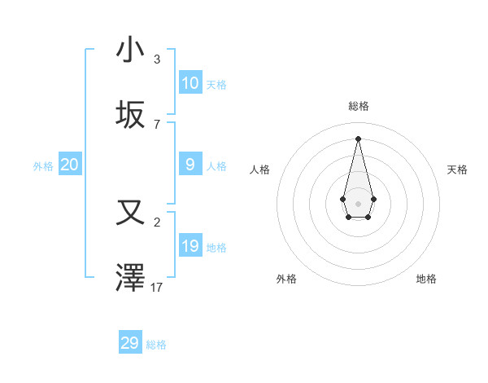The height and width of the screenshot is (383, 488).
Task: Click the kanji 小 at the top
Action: click(x=130, y=50)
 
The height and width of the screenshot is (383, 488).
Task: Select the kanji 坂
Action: click(x=130, y=115)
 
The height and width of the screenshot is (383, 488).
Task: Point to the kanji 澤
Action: click(x=130, y=278)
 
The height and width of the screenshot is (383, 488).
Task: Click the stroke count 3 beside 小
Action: click(x=157, y=59)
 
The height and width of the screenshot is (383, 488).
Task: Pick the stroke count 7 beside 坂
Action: click(x=157, y=125)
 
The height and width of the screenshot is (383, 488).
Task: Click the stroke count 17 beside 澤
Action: click(x=157, y=288)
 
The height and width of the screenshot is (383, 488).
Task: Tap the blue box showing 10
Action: click(x=190, y=82)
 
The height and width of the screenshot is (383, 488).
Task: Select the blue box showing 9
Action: click(x=190, y=165)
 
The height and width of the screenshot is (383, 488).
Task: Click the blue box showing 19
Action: click(x=190, y=246)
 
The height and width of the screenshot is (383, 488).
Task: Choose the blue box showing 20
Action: click(x=70, y=165)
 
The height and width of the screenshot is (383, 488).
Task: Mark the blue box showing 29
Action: click(x=130, y=343)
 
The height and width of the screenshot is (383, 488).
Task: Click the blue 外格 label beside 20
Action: click(x=43, y=165)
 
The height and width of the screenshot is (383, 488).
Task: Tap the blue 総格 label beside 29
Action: click(x=156, y=345)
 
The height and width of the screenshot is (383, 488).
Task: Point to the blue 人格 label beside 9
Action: click(x=216, y=165)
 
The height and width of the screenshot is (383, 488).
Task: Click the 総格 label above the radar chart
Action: click(x=358, y=106)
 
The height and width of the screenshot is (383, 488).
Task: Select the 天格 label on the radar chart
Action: click(x=457, y=169)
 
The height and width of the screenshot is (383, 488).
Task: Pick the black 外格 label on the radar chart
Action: click(x=286, y=279)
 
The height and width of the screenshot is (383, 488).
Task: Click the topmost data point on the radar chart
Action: click(x=358, y=138)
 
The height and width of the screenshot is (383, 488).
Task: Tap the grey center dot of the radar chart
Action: click(x=358, y=203)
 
